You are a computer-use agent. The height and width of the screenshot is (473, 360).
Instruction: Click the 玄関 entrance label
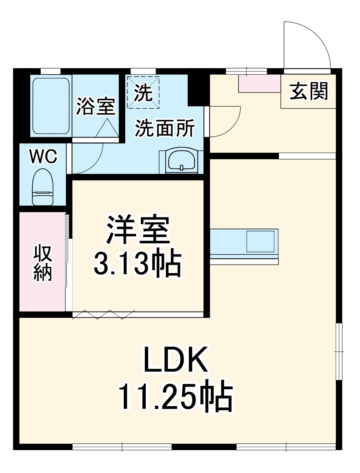pos(309,91)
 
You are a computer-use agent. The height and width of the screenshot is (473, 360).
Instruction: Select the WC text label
pos(43,156)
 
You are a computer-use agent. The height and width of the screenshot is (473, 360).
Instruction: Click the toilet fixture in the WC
pos(43,187)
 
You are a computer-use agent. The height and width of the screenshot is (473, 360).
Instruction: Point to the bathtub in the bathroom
pos(51,106)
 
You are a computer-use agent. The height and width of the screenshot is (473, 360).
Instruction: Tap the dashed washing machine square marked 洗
pos(143,92)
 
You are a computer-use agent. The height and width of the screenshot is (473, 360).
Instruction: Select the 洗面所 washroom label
pos(165,128)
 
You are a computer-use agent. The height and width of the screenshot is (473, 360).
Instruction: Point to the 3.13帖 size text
pos(138,264)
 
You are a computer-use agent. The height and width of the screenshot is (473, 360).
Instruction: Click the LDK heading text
pos(176,360)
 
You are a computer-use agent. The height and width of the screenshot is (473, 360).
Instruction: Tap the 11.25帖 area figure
pos(175,396)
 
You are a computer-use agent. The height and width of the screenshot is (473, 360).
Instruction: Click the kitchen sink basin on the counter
pos(260,242)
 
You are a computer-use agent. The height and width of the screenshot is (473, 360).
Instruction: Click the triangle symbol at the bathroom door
pos(107,128)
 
